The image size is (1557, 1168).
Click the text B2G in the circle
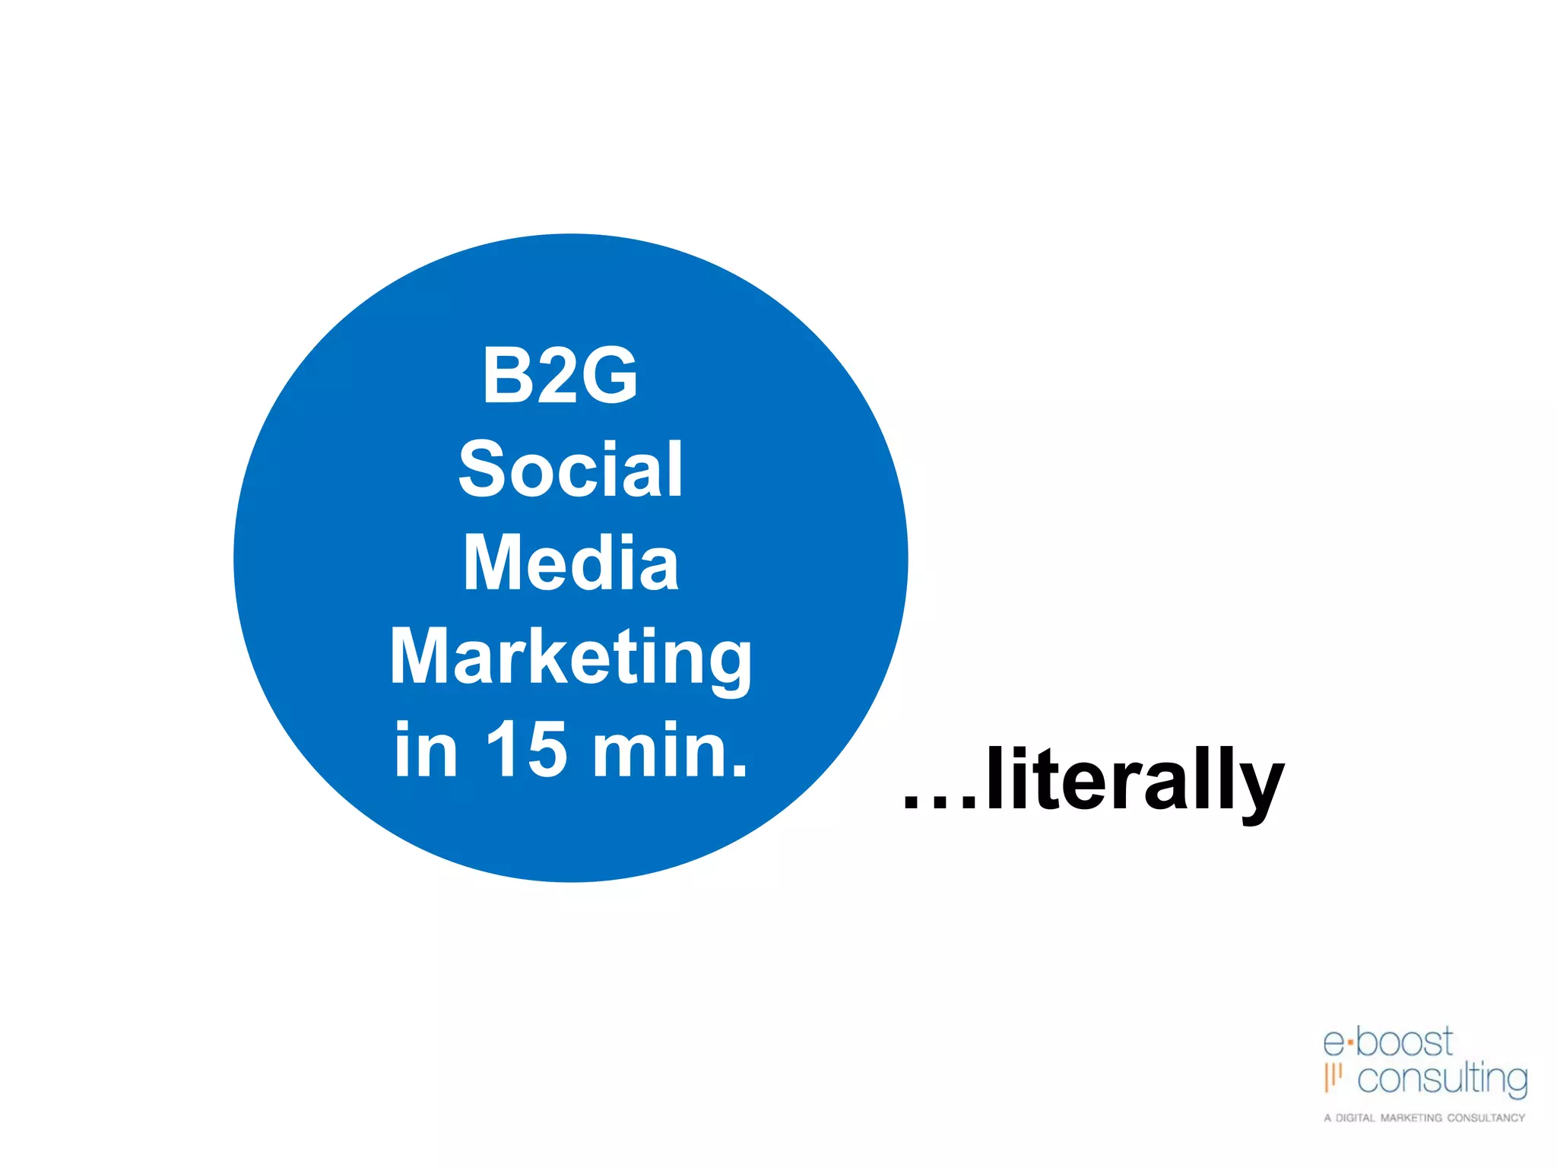tap(560, 374)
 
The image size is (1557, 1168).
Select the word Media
tap(570, 563)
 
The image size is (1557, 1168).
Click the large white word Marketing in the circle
tap(570, 657)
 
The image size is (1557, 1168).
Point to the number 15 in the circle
tap(526, 750)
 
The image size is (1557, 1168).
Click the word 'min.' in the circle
tap(670, 750)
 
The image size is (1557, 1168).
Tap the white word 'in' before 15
tap(426, 750)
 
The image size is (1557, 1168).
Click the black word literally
tap(1134, 780)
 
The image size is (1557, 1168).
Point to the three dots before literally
tap(940, 802)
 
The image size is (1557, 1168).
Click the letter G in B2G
tap(604, 374)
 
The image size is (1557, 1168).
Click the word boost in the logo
tap(1404, 1042)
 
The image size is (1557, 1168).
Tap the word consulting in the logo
tap(1441, 1079)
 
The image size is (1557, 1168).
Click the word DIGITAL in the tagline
tap(1355, 1118)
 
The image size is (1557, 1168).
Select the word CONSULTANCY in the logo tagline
tap(1486, 1118)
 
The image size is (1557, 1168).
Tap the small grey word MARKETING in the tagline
tap(1410, 1118)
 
